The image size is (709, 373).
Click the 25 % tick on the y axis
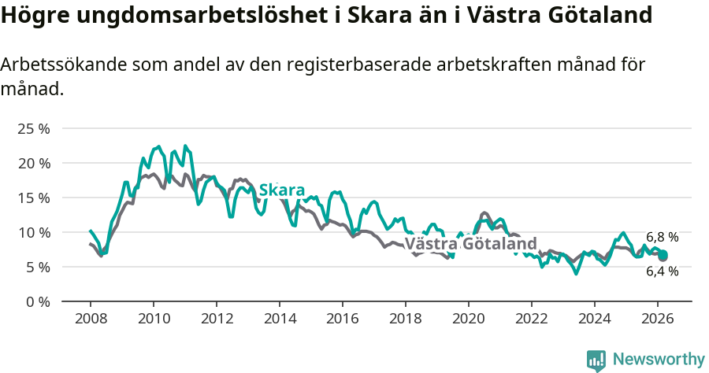[34, 128]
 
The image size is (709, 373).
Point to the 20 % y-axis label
[34, 163]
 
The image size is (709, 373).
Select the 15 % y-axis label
[34, 198]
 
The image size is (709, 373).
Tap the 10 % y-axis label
[34, 232]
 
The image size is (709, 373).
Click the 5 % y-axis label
[37, 267]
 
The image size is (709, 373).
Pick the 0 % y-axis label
[37, 301]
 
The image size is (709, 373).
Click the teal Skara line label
[281, 190]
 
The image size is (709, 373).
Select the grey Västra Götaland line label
[470, 243]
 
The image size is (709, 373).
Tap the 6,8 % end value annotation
[662, 237]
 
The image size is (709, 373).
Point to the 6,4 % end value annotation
[662, 271]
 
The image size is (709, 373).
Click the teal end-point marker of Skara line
[663, 255]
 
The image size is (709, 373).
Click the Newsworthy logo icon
[596, 360]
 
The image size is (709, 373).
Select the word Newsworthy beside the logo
[659, 360]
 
